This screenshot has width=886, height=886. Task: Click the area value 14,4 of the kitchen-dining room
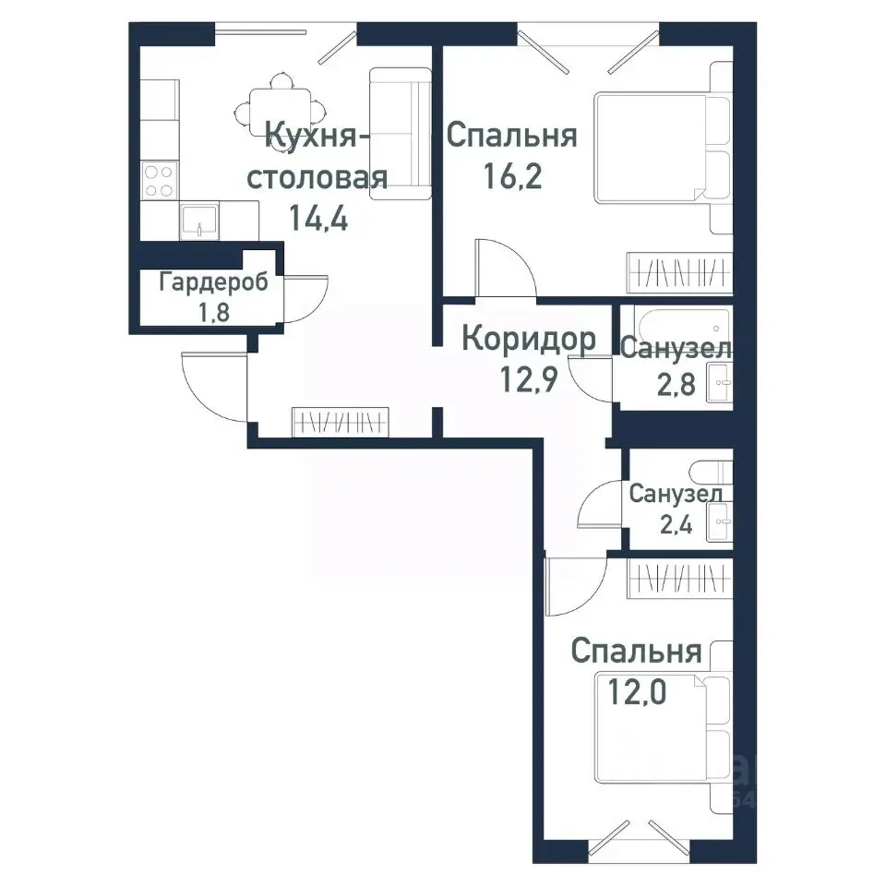pyautogui.click(x=318, y=217)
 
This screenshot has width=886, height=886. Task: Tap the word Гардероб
pyautogui.click(x=213, y=282)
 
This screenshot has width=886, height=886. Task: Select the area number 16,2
pyautogui.click(x=512, y=175)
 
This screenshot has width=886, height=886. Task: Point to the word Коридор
pyautogui.click(x=529, y=339)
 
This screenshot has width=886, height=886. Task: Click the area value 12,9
pyautogui.click(x=529, y=378)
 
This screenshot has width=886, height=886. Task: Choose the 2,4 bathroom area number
pyautogui.click(x=676, y=525)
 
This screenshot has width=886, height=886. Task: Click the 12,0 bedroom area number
pyautogui.click(x=637, y=691)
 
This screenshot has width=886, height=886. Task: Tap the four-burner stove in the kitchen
pyautogui.click(x=160, y=180)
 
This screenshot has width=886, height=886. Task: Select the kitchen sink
pyautogui.click(x=199, y=221)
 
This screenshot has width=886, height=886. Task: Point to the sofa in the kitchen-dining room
pyautogui.click(x=401, y=134)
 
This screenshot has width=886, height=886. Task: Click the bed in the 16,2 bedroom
pyautogui.click(x=663, y=148)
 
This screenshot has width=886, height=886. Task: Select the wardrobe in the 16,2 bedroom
pyautogui.click(x=680, y=273)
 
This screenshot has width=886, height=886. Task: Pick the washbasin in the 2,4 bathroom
pyautogui.click(x=720, y=521)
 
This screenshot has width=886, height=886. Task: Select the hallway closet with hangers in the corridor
pyautogui.click(x=341, y=422)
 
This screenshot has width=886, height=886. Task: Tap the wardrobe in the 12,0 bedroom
pyautogui.click(x=680, y=580)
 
